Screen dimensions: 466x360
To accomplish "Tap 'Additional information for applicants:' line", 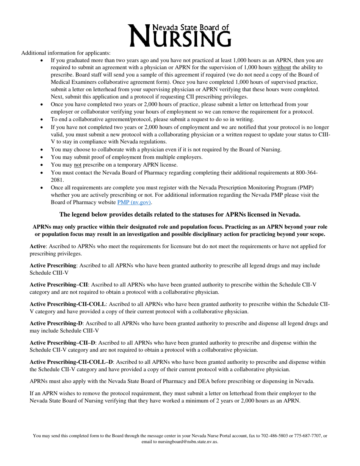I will (x=66, y=53).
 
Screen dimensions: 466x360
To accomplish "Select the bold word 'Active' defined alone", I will (x=38, y=247).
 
